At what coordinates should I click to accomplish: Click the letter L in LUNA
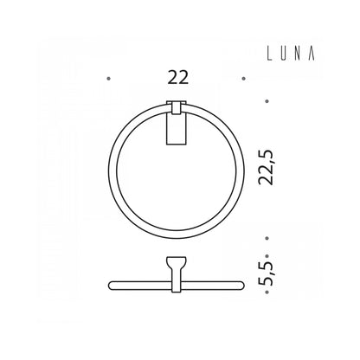pyautogui.click(x=270, y=54)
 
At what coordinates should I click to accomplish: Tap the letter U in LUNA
pyautogui.click(x=284, y=54)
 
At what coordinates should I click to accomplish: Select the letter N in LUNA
pyautogui.click(x=298, y=54)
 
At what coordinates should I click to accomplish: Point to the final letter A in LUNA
pyautogui.click(x=312, y=54)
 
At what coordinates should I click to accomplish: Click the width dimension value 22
pyautogui.click(x=178, y=78)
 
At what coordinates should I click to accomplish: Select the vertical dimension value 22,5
pyautogui.click(x=266, y=167)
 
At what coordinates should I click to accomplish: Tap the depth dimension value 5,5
pyautogui.click(x=266, y=273)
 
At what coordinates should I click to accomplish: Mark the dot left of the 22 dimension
pyautogui.click(x=109, y=79)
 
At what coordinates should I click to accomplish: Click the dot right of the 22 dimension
pyautogui.click(x=244, y=79)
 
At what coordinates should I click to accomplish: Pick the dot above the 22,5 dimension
pyautogui.click(x=267, y=101)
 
